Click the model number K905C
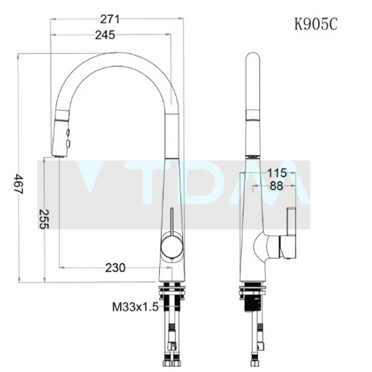[315, 24]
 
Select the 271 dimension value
[110, 19]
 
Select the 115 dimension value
[276, 172]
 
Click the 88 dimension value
[276, 185]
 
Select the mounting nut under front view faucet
[172, 290]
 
